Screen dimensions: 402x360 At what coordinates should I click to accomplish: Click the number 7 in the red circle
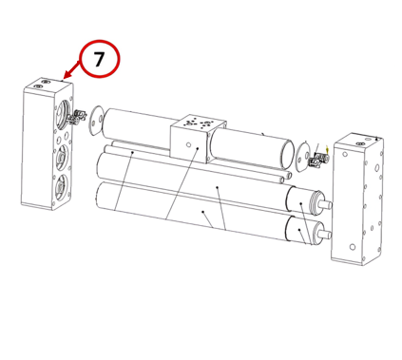click(99, 59)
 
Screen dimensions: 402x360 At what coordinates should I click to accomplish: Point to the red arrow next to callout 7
click(71, 69)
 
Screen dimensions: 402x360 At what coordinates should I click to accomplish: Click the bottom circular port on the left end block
click(60, 188)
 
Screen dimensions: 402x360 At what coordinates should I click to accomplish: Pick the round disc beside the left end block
click(95, 121)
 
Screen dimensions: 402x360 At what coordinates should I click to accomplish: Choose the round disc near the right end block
click(303, 157)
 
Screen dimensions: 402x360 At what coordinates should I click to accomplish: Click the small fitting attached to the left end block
click(77, 117)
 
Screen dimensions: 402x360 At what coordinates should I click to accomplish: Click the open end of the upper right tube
click(287, 154)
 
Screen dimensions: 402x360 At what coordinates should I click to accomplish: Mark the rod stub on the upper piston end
click(326, 204)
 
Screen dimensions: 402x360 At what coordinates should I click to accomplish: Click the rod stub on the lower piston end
click(325, 235)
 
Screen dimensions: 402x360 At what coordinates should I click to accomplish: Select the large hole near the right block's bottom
click(352, 247)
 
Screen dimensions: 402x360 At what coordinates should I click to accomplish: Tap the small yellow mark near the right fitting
click(327, 149)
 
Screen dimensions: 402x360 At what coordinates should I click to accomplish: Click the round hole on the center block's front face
click(188, 144)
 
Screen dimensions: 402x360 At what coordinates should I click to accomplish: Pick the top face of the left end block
click(48, 84)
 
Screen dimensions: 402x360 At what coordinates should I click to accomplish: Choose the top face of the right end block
click(359, 140)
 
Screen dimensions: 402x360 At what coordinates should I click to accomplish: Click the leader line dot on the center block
click(198, 148)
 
